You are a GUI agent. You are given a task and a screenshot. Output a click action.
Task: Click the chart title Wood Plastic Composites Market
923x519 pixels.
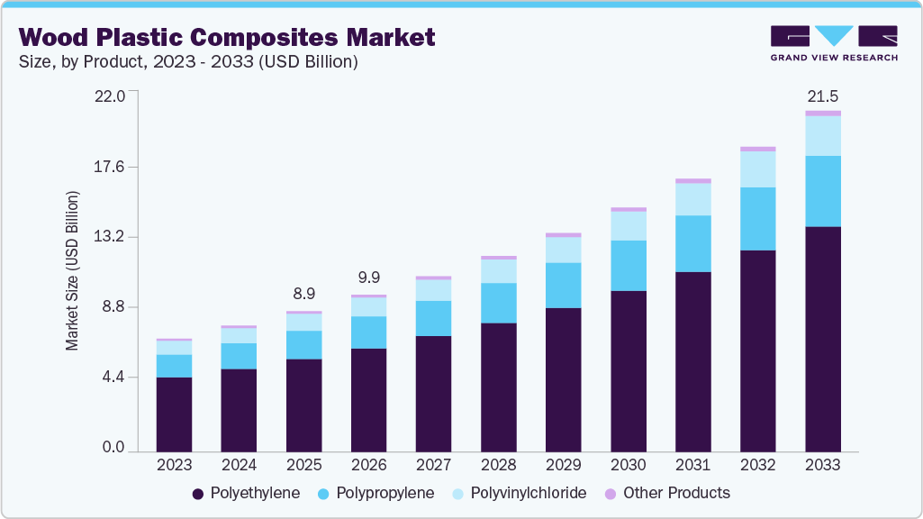(227, 37)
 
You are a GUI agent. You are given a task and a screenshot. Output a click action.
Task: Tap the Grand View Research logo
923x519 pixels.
(833, 42)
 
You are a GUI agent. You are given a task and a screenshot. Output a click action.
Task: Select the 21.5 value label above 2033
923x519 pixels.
(822, 96)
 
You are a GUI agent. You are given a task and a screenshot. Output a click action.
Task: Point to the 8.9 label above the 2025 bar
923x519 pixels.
(303, 294)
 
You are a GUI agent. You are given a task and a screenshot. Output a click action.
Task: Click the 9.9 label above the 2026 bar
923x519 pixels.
(368, 277)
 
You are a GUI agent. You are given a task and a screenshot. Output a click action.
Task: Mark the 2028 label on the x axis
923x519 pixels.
(498, 466)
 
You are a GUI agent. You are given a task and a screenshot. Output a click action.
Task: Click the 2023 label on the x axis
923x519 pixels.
(174, 466)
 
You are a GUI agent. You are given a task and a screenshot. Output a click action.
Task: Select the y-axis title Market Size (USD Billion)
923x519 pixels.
(72, 270)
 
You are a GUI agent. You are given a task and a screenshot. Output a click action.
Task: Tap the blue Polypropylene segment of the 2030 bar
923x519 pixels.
(628, 265)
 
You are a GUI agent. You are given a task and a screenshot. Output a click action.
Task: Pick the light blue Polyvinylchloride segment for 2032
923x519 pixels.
(757, 169)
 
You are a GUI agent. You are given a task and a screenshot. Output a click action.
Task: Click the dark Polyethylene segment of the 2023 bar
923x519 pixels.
(174, 414)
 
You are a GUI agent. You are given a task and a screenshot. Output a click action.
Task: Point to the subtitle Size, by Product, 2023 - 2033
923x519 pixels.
(189, 62)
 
